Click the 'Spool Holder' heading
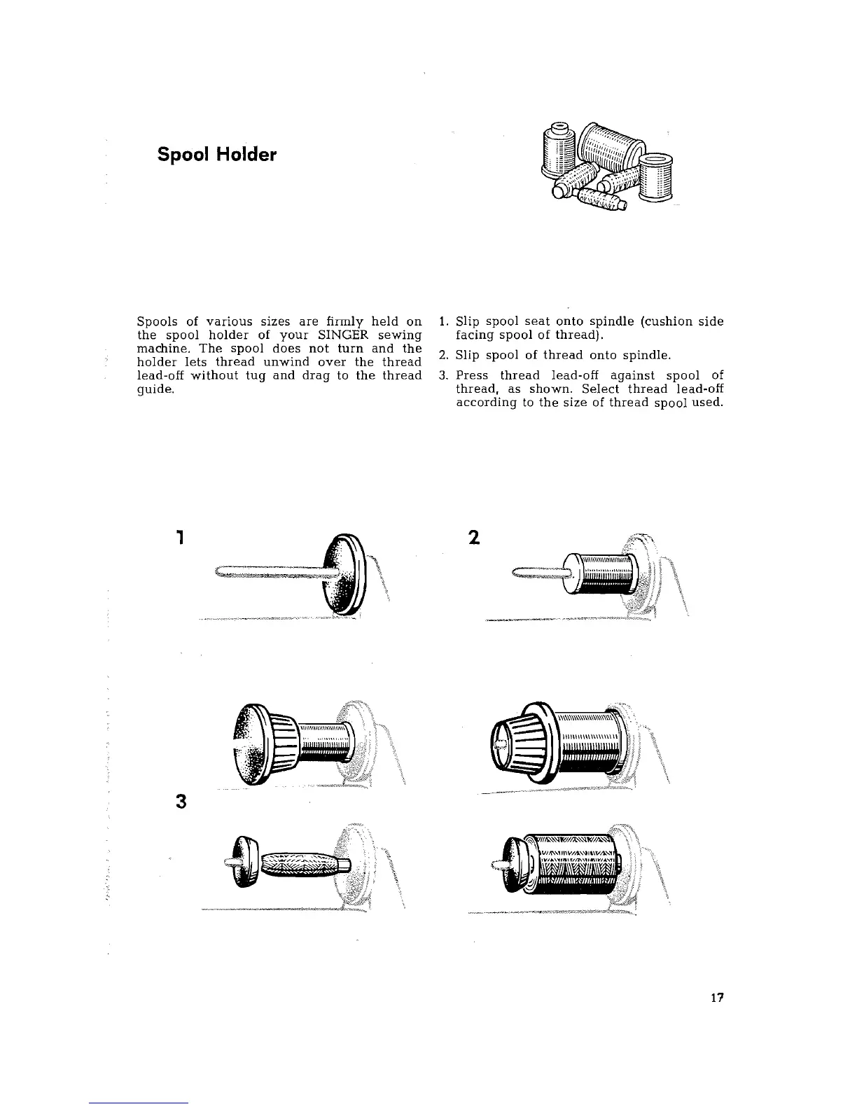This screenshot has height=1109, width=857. pos(217,154)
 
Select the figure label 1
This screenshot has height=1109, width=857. pos(181,538)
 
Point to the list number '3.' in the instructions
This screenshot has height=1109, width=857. pos(443,375)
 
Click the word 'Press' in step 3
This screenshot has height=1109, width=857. pos(472,375)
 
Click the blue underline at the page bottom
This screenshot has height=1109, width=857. pos(139,1103)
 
